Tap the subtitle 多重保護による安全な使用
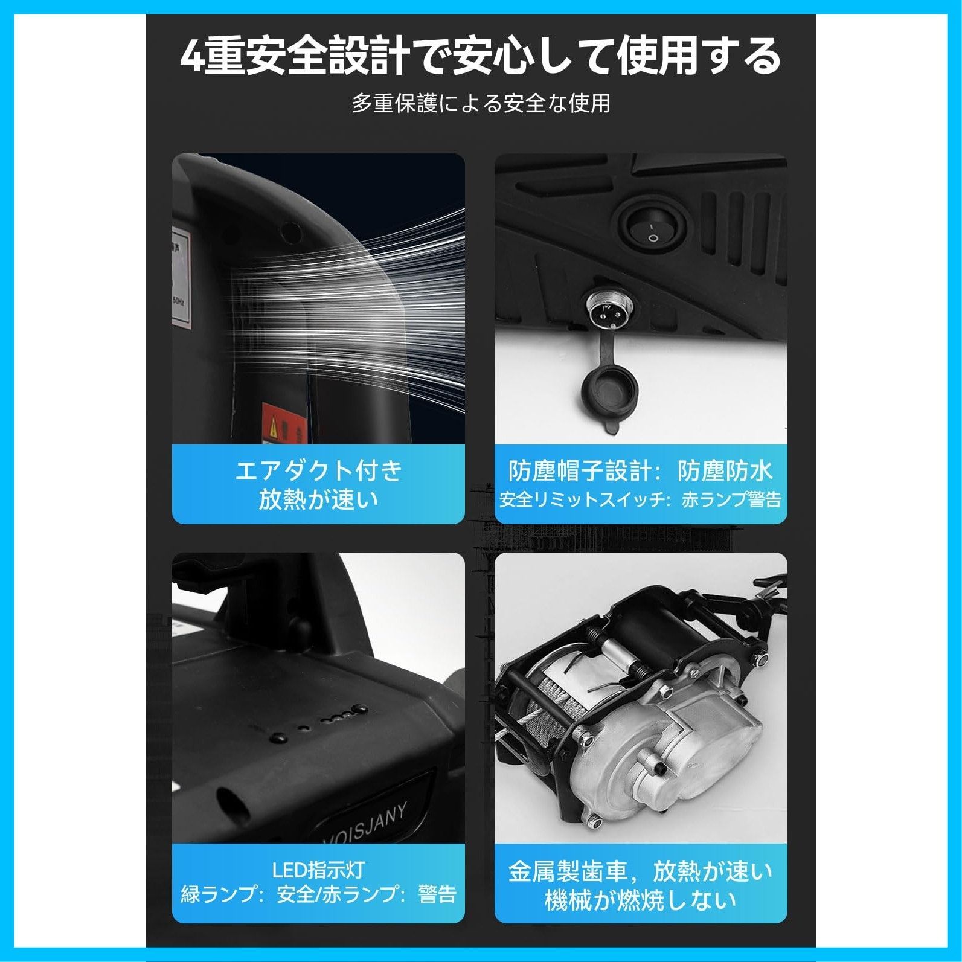coord(481,103)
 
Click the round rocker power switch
coord(652,229)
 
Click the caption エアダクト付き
coord(318,470)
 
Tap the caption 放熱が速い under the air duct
coord(318,499)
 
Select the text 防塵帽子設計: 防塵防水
coord(641,471)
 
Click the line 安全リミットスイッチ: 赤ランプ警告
coord(641,500)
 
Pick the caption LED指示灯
coord(318,870)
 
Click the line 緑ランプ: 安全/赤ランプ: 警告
coord(318,894)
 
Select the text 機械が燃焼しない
coord(641,900)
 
